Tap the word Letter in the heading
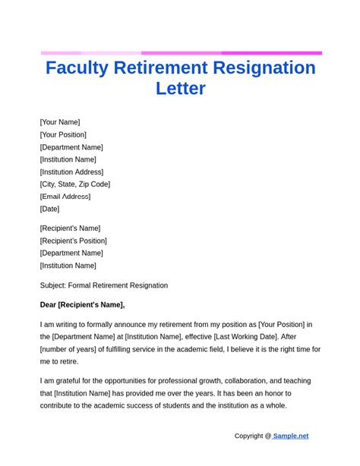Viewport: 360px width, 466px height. (181, 88)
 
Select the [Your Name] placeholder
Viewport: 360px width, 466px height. (60, 122)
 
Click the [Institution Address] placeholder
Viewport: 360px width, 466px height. (71, 172)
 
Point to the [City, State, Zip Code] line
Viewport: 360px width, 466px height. (75, 184)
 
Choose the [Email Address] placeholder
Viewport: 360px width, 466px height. (65, 197)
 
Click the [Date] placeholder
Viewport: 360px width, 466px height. (49, 209)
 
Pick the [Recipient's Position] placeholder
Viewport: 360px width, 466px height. (74, 241)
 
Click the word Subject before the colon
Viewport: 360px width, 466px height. (52, 285)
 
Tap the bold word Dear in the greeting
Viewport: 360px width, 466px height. (49, 305)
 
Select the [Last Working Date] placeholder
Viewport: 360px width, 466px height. (254, 337)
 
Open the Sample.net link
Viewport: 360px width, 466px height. (291, 436)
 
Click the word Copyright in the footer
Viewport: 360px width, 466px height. (248, 436)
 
